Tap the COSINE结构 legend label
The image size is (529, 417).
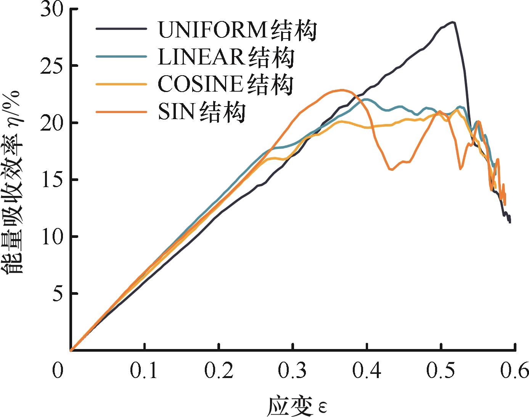pyautogui.click(x=225, y=84)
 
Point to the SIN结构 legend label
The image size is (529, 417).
pyautogui.click(x=201, y=112)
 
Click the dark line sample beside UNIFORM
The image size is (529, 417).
pyautogui.click(x=121, y=29)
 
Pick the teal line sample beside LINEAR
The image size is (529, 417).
pyautogui.click(x=121, y=56)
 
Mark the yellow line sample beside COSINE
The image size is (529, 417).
pyautogui.click(x=121, y=84)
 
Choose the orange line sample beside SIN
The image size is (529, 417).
pyautogui.click(x=121, y=112)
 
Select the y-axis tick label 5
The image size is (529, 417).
pyautogui.click(x=57, y=294)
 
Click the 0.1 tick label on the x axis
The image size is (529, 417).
pyautogui.click(x=144, y=370)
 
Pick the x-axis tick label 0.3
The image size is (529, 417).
pyautogui.click(x=293, y=370)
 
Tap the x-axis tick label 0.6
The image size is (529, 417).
pyautogui.click(x=515, y=370)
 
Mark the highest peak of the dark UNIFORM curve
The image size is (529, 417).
pyautogui.click(x=453, y=22)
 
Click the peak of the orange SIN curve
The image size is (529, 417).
pyautogui.click(x=342, y=90)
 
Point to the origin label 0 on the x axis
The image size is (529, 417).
pyautogui.click(x=58, y=370)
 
